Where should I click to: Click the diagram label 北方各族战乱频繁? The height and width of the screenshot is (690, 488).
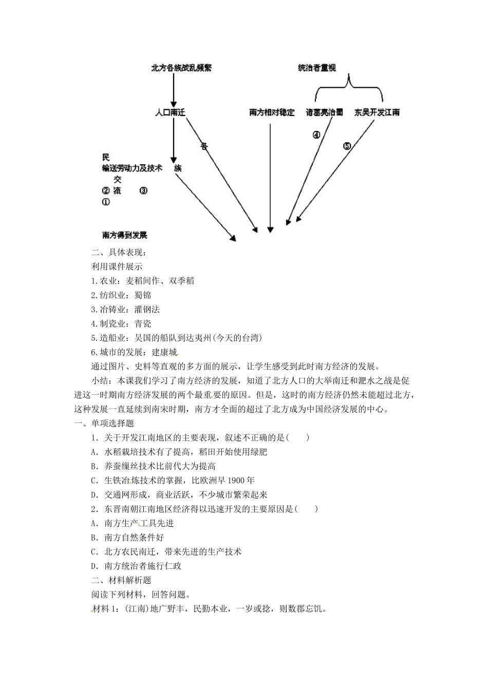point(181,68)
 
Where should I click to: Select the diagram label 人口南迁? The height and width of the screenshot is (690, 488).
point(170,112)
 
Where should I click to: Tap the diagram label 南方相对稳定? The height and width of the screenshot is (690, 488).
point(272,112)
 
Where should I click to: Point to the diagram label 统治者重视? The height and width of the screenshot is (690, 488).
point(317,68)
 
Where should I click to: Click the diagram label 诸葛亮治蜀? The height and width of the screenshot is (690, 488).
point(324,112)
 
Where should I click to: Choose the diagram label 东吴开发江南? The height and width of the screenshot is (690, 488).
point(377,112)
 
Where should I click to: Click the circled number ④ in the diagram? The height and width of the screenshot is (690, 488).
point(316,135)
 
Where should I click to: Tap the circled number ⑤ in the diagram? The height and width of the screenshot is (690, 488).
point(347,146)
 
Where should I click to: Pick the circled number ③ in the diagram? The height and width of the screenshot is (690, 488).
point(143,190)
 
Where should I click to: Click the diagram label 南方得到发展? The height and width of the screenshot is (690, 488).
point(125,235)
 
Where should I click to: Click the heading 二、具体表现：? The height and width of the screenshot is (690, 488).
point(119,252)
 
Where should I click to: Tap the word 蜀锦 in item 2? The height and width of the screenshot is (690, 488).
point(143,295)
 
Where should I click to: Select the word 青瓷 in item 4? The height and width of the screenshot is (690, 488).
point(143,324)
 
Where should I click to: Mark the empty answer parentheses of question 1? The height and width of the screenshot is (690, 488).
point(298,438)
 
